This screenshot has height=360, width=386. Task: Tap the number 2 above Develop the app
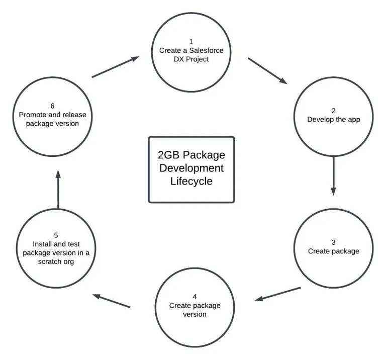coord(334,110)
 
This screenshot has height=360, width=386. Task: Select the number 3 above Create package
coord(334,242)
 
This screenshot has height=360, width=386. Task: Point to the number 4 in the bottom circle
coord(195,297)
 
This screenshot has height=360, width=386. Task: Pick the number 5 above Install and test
coord(56,235)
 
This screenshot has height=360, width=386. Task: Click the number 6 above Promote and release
coord(52,106)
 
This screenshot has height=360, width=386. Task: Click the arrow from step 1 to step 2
coord(268,71)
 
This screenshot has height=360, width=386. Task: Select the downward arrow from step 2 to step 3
coord(333,176)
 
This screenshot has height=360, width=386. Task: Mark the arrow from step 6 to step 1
coord(115,67)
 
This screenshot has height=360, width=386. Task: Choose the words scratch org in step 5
coord(56,261)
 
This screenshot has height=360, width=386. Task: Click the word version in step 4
coord(195,314)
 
